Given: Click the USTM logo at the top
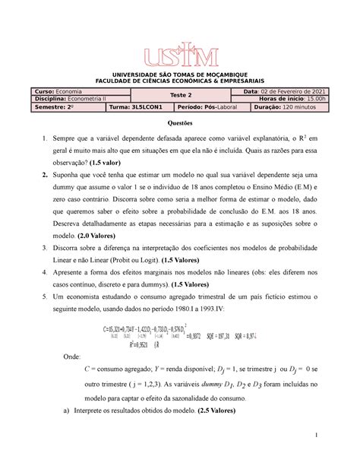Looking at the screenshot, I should (x=180, y=54).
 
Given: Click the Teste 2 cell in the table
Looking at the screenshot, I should (x=180, y=95).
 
